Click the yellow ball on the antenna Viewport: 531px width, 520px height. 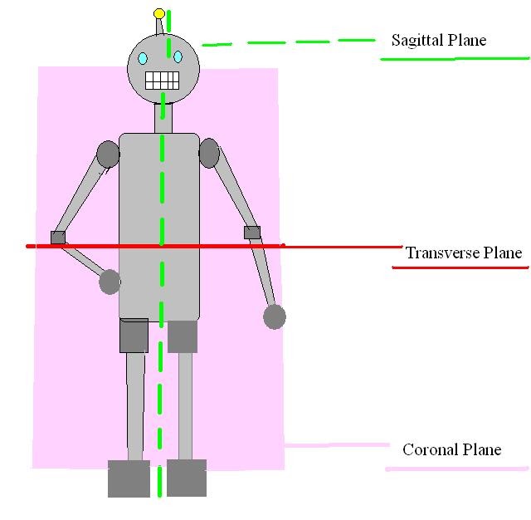tap(159, 14)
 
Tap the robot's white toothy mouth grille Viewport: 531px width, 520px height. tap(163, 81)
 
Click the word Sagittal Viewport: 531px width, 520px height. tap(416, 40)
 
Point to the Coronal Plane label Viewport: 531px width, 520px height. tap(451, 449)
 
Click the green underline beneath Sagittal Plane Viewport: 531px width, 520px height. tap(454, 59)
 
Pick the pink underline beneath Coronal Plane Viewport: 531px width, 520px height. tap(456, 469)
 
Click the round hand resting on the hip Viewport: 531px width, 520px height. tap(110, 282)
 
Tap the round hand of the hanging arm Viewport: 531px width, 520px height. tap(275, 316)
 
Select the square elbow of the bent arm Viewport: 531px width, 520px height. tap(58, 238)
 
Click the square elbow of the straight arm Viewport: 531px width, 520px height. tap(252, 233)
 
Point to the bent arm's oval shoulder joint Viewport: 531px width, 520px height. tap(108, 154)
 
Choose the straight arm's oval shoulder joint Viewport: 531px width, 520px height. tap(209, 153)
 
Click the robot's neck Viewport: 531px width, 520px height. tap(163, 118)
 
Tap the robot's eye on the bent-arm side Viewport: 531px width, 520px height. tap(143, 58)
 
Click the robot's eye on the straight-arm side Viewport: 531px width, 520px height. tap(178, 56)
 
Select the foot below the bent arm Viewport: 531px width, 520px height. tap(129, 478)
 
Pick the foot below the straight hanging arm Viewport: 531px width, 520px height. tap(187, 478)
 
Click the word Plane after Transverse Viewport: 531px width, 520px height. tap(504, 253)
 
